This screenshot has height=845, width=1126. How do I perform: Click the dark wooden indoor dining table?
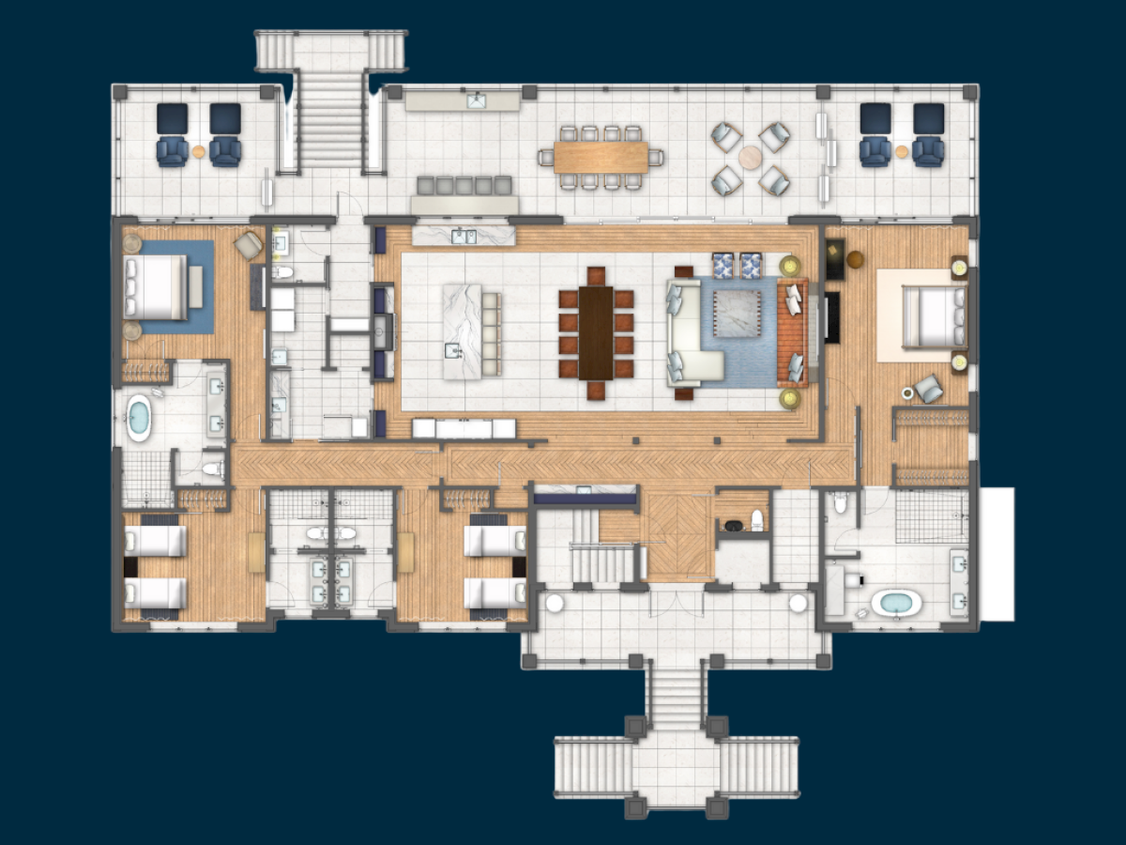point(596,332)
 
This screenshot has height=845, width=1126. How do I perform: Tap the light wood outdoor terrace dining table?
point(601,156)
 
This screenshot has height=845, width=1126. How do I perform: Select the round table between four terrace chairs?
point(750,157)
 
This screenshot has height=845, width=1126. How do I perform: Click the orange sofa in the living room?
point(791,332)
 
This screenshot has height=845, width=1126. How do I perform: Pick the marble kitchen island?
point(463,331)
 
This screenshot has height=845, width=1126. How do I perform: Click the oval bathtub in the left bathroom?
point(139,418)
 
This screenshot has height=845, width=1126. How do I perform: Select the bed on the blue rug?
point(157,286)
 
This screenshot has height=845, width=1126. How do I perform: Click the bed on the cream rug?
point(933,315)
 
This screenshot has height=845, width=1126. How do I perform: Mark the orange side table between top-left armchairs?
point(199,150)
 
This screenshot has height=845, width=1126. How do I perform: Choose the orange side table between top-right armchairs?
point(902,151)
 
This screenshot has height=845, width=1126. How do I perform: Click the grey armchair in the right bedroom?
point(930,388)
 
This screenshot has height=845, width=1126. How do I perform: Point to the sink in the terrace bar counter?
point(477,98)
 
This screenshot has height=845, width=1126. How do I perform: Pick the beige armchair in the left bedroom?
point(249,245)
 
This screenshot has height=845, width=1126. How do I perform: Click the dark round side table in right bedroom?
point(855,258)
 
